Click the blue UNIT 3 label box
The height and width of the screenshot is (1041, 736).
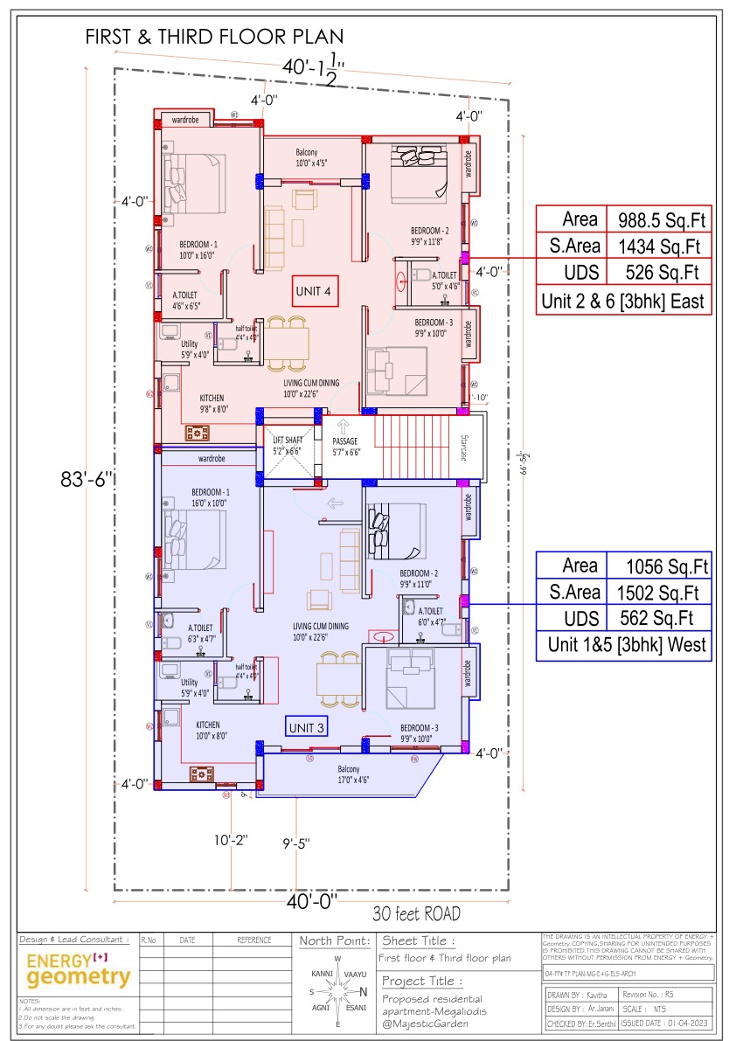click(307, 726)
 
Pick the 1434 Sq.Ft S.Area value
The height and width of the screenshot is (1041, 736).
click(663, 246)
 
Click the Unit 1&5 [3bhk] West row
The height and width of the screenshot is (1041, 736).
click(623, 647)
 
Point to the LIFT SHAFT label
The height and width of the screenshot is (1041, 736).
click(286, 446)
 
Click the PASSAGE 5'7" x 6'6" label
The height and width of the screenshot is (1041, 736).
click(345, 447)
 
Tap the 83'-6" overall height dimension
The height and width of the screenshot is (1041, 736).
click(87, 480)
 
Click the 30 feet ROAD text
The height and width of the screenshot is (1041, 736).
click(416, 914)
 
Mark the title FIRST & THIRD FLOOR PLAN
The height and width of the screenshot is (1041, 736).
click(214, 38)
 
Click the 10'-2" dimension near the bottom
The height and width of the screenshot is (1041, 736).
click(232, 840)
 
